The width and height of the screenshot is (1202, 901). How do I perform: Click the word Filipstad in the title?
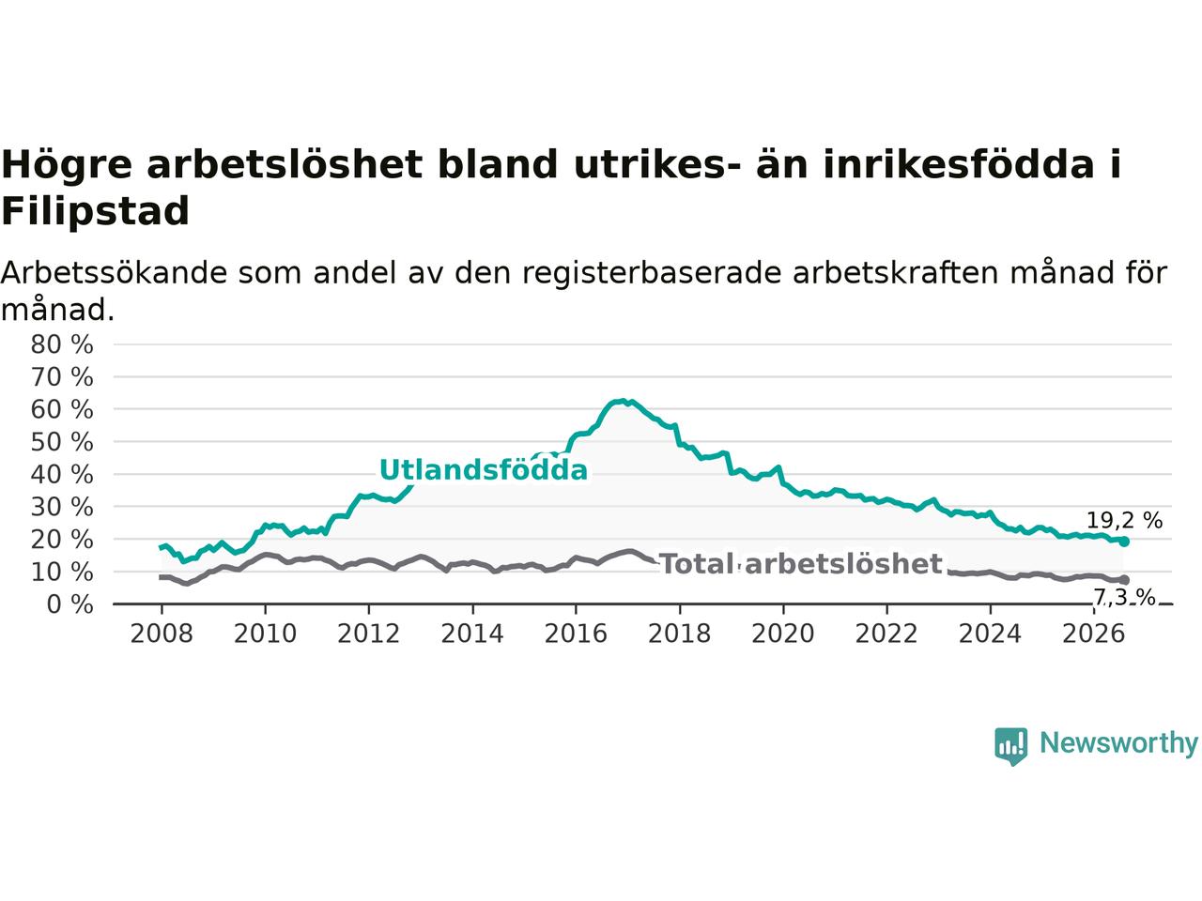(95, 212)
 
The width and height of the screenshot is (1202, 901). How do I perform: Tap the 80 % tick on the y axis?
(62, 344)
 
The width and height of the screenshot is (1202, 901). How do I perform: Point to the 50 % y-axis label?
(62, 442)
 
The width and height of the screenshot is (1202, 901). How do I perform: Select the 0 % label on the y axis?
(70, 604)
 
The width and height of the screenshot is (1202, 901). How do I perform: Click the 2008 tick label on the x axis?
(162, 634)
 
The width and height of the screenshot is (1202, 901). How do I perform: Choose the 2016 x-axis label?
(576, 634)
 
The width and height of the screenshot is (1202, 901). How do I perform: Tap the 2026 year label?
(1094, 634)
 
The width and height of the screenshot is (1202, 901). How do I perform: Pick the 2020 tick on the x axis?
(782, 634)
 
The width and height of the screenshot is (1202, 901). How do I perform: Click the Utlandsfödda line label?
(484, 470)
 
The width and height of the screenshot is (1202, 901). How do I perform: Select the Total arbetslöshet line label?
(801, 564)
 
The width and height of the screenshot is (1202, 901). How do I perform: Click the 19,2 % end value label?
(1124, 520)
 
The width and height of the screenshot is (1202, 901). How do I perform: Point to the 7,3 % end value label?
(1124, 598)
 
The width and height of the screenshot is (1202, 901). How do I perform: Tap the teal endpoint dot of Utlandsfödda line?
(1124, 542)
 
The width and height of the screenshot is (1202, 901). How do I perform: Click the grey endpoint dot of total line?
(1124, 580)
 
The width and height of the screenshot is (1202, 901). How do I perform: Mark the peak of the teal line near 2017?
(623, 401)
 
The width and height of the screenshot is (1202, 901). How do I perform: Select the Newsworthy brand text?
(1118, 743)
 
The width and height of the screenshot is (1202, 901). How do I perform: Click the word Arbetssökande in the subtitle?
(114, 272)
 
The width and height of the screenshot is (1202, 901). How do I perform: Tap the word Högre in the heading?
(67, 165)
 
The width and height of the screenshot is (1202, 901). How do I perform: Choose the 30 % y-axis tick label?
(62, 507)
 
